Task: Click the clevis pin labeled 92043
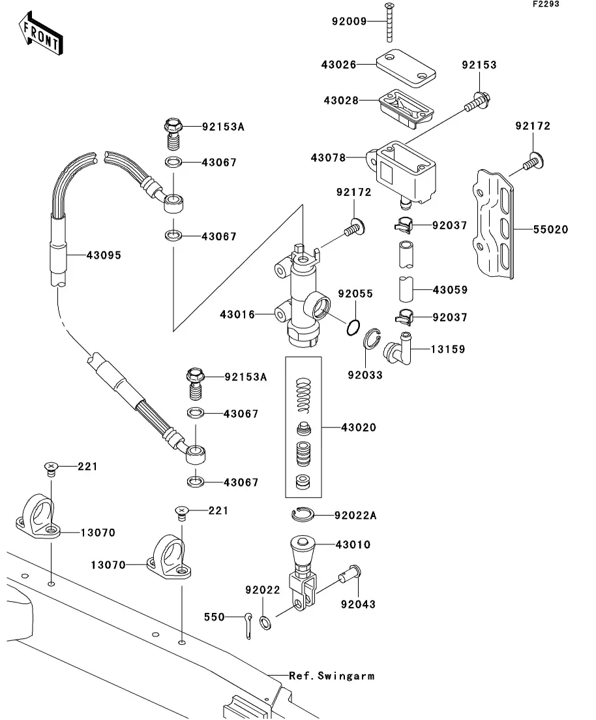[351, 576]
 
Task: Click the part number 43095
[104, 255]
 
